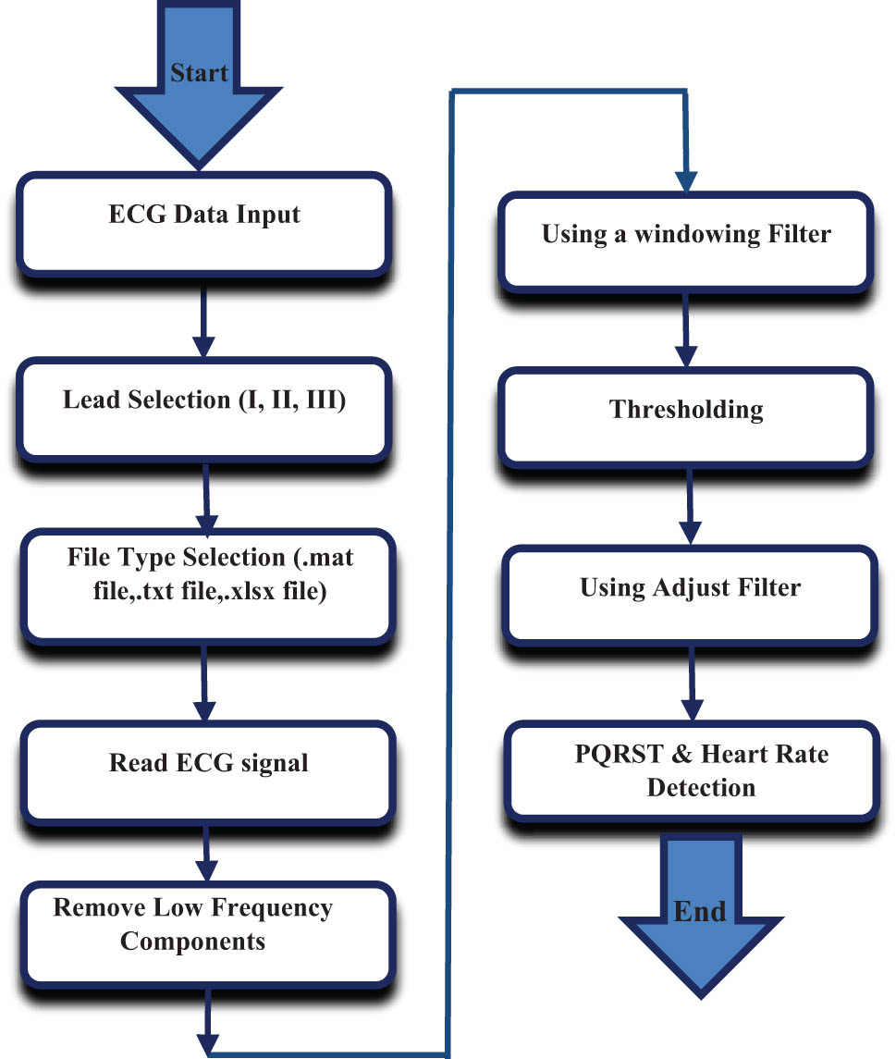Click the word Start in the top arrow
[199, 72]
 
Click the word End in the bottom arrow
[699, 911]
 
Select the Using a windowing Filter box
[685, 240]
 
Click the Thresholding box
[686, 416]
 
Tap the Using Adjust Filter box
[690, 594]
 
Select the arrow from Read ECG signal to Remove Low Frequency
[205, 856]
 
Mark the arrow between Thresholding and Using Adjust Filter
[687, 505]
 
